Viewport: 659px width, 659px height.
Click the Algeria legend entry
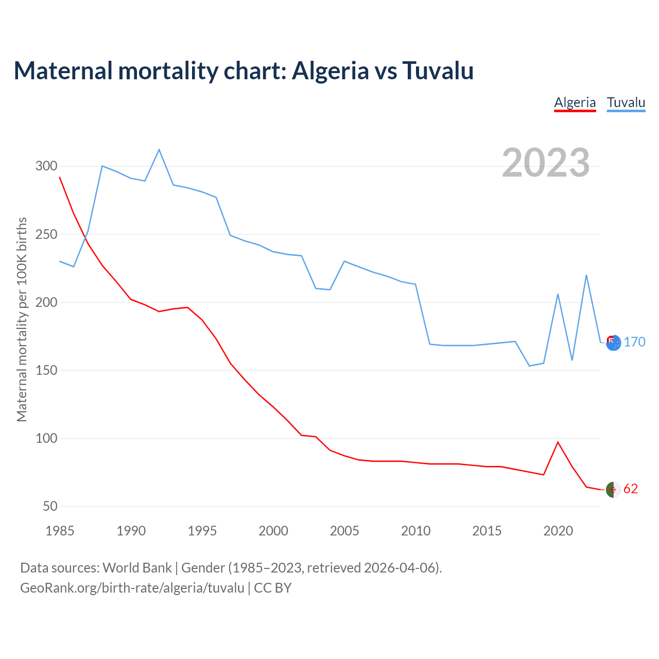pos(575,102)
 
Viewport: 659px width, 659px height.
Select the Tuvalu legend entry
pos(626,102)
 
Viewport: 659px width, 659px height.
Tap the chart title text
pos(244,71)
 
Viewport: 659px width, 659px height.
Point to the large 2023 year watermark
pos(545,163)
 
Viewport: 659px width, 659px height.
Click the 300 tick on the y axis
pos(46,166)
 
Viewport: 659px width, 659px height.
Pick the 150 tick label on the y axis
pos(46,370)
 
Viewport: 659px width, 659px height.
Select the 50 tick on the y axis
pos(50,506)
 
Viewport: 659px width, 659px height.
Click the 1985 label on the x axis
pos(60,531)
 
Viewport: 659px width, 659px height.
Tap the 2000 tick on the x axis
pos(273,531)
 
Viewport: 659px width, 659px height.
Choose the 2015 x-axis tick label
pos(487,531)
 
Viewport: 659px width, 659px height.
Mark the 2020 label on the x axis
pos(558,531)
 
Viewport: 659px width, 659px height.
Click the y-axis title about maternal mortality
pos(22,319)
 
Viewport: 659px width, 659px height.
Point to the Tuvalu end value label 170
pos(634,342)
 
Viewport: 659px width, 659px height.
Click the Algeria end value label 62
pos(631,489)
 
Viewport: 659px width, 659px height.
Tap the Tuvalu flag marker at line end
pos(613,343)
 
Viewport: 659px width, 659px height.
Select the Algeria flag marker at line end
pos(613,490)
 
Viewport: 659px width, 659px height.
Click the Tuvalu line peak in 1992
pos(159,150)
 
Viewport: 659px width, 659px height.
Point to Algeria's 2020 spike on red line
pos(558,442)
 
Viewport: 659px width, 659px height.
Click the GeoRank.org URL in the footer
pos(132,588)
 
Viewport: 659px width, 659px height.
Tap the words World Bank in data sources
pos(137,568)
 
